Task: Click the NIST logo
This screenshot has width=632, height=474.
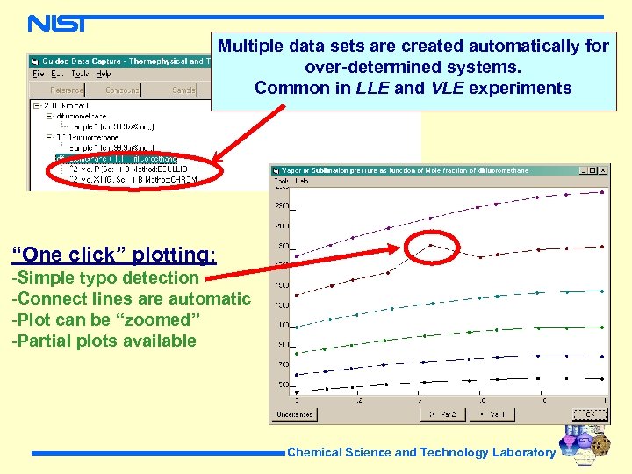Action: click(57, 23)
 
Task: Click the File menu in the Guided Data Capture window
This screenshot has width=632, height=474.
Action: click(39, 74)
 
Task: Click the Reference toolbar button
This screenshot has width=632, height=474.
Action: click(66, 90)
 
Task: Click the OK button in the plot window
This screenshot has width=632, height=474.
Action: click(582, 413)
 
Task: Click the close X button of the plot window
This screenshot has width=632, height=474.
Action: click(603, 170)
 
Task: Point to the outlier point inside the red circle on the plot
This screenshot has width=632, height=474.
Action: click(431, 245)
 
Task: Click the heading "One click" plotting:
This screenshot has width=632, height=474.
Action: click(113, 255)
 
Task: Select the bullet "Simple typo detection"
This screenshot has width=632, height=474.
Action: click(104, 277)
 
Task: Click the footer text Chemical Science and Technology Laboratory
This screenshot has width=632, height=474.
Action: click(421, 452)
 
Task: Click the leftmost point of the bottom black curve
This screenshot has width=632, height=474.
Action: click(297, 392)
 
